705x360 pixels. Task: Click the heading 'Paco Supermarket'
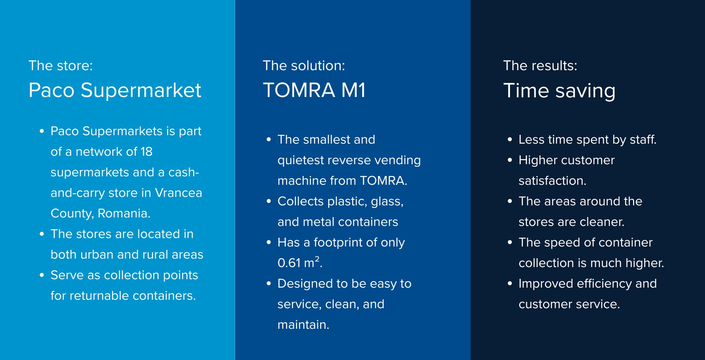[x=115, y=90]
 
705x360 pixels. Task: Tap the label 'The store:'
[x=61, y=65]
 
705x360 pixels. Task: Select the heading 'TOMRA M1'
[x=314, y=90]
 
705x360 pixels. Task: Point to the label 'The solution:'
[x=304, y=65]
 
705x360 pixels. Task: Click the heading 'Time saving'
[x=559, y=91]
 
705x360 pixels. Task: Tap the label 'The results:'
[x=540, y=65]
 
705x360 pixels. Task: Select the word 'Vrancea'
[x=178, y=193]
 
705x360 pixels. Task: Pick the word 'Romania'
[x=123, y=213]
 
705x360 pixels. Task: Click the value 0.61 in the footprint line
[x=289, y=263]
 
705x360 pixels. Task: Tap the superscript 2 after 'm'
[x=317, y=259]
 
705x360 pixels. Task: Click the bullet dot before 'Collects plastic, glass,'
[x=269, y=202]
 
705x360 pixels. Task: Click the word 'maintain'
[x=302, y=325]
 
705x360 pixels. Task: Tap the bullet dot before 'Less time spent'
[x=510, y=140]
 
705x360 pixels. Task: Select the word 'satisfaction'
[x=551, y=181]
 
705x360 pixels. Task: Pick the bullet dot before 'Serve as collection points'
[x=42, y=276]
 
